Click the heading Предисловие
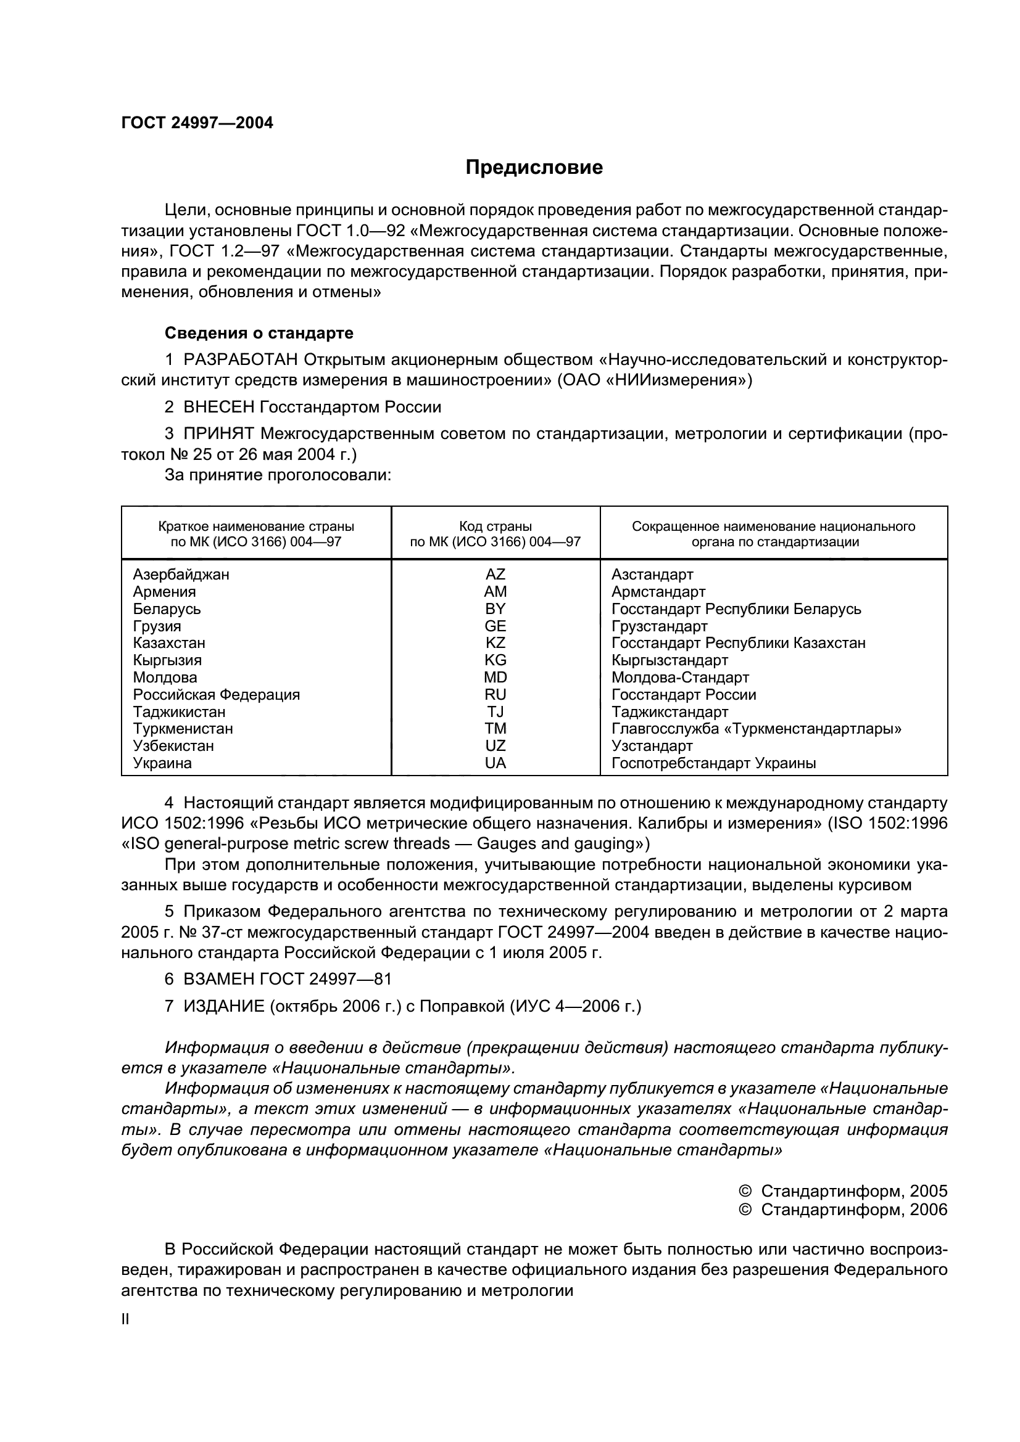point(534,168)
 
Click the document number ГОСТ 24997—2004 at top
point(197,123)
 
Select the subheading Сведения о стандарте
point(259,333)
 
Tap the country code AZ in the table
point(495,575)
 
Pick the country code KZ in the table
point(495,643)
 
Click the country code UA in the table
point(495,763)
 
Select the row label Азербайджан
point(181,575)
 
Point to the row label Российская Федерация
point(216,695)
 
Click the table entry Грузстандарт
point(659,626)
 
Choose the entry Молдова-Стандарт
point(680,678)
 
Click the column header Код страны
point(495,526)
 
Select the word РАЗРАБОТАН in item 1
point(241,360)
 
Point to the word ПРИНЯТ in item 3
point(218,434)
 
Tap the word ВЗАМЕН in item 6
point(218,979)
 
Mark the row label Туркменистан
point(183,729)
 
